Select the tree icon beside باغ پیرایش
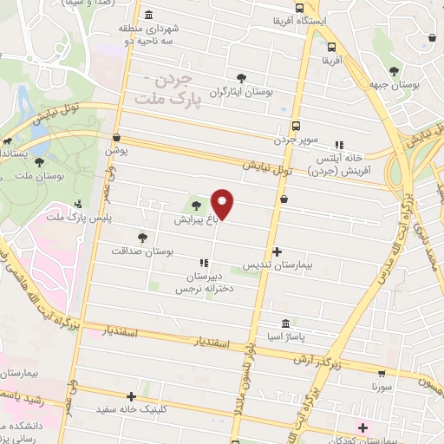[196, 206]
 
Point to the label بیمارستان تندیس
[276, 264]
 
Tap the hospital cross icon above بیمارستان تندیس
[277, 251]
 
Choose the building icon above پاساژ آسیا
[286, 322]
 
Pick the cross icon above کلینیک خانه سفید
[132, 395]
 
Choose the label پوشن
[117, 151]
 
